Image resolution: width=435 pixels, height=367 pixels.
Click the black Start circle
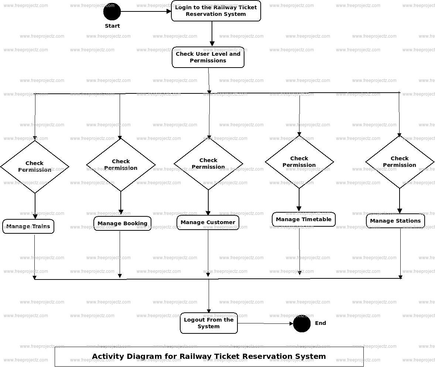[x=112, y=11]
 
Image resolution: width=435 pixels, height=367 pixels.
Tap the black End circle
[x=302, y=323]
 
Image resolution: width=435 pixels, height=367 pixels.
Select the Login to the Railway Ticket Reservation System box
[x=216, y=11]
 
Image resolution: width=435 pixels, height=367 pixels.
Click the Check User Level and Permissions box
[x=208, y=57]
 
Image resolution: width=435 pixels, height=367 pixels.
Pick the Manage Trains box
[x=28, y=227]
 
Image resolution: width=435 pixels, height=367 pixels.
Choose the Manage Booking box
[x=122, y=223]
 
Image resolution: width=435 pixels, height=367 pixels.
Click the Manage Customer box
[x=208, y=222]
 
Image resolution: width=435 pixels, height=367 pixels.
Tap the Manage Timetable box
[x=304, y=219]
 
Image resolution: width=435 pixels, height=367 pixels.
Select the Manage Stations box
[x=395, y=221]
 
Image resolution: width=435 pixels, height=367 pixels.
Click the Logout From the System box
[x=209, y=323]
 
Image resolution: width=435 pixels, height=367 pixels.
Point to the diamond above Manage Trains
[x=35, y=167]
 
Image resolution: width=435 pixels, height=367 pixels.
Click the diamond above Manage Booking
[x=121, y=165]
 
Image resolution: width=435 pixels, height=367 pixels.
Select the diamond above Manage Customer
[x=208, y=164]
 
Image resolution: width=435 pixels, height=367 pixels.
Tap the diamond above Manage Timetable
[x=299, y=162]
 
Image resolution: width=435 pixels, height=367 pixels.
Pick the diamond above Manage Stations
[x=400, y=162]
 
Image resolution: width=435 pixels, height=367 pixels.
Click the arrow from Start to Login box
[x=146, y=11]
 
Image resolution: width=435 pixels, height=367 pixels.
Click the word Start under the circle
[x=112, y=26]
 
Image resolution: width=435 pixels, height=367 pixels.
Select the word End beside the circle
[x=321, y=323]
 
